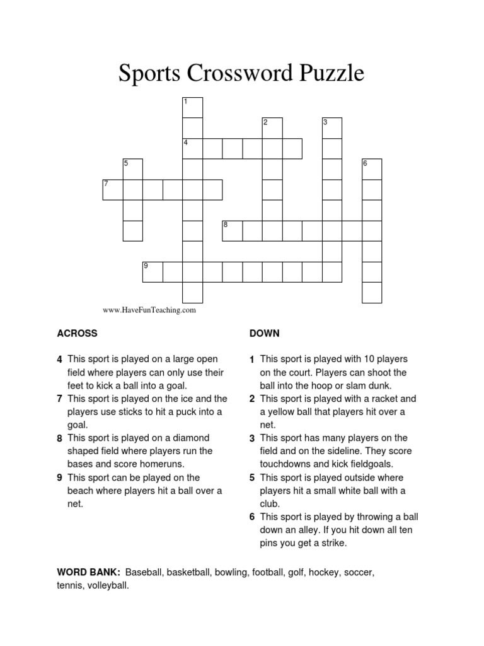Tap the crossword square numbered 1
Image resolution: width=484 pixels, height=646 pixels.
192,107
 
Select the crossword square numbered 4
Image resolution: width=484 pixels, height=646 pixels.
192,148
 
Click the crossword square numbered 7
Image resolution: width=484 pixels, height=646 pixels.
113,189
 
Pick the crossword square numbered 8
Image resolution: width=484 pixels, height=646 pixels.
233,230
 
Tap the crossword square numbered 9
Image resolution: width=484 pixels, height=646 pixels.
153,271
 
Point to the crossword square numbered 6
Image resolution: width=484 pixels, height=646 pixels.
372,168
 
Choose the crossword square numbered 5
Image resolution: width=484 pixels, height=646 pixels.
132,168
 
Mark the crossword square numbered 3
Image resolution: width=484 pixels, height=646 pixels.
331,127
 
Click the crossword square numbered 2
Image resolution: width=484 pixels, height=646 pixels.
272,127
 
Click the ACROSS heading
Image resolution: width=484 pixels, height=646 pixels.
77,333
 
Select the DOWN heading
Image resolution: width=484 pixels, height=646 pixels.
265,333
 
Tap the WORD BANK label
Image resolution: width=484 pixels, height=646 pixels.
88,572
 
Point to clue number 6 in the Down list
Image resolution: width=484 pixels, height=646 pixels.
252,517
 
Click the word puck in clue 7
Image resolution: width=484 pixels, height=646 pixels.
193,412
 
